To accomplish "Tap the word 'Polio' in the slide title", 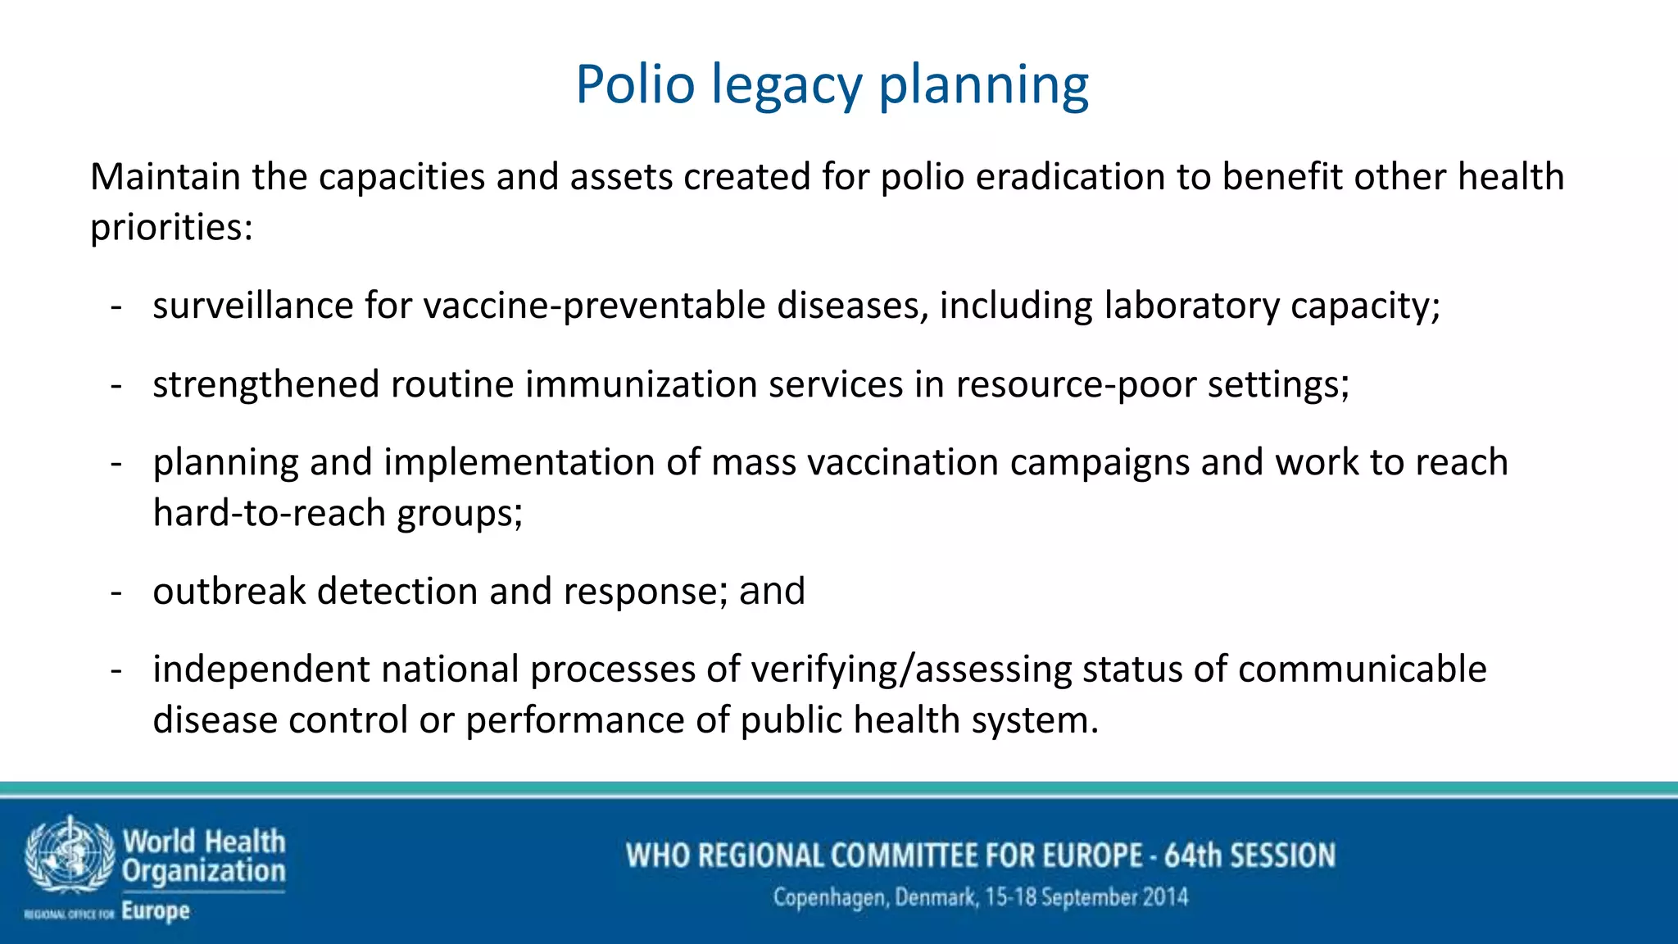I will (x=635, y=84).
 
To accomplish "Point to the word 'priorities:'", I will (x=171, y=228).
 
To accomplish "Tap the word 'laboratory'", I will (x=1191, y=306).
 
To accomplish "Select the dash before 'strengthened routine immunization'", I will (x=116, y=385).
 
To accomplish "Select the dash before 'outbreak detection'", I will (x=116, y=592).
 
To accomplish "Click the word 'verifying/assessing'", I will (x=911, y=669).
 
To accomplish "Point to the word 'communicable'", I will (x=1362, y=669).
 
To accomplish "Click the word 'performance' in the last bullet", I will (x=575, y=720).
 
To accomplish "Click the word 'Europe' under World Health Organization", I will (x=156, y=911).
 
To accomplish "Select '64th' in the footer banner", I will (x=1192, y=855).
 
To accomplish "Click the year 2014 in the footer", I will (x=1165, y=897).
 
